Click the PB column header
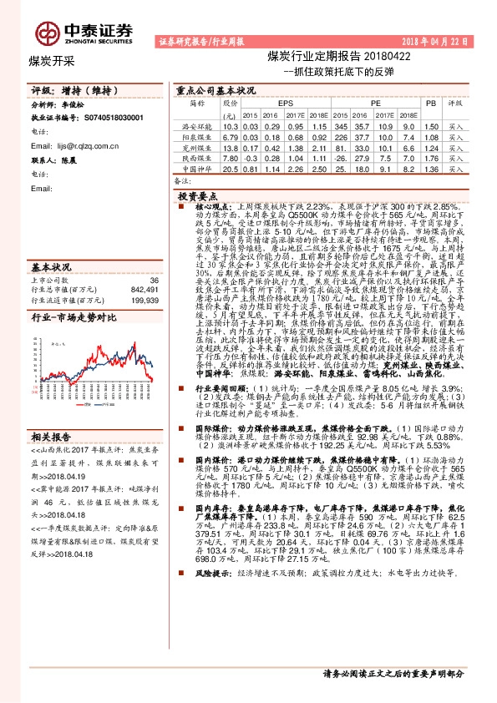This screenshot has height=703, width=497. pyautogui.click(x=431, y=103)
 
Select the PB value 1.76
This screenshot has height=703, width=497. pyautogui.click(x=431, y=158)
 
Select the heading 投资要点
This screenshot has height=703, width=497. pyautogui.click(x=192, y=194)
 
